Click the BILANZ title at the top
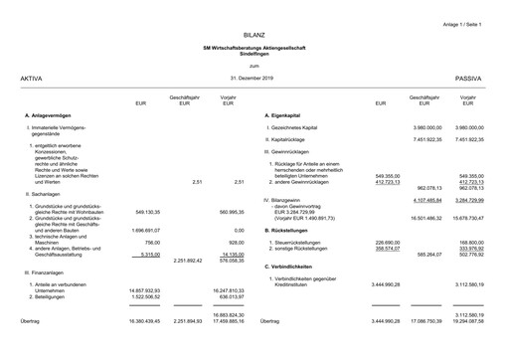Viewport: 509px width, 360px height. click(254, 34)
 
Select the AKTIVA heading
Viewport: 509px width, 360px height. click(32, 77)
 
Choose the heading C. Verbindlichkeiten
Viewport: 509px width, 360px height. click(297, 268)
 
